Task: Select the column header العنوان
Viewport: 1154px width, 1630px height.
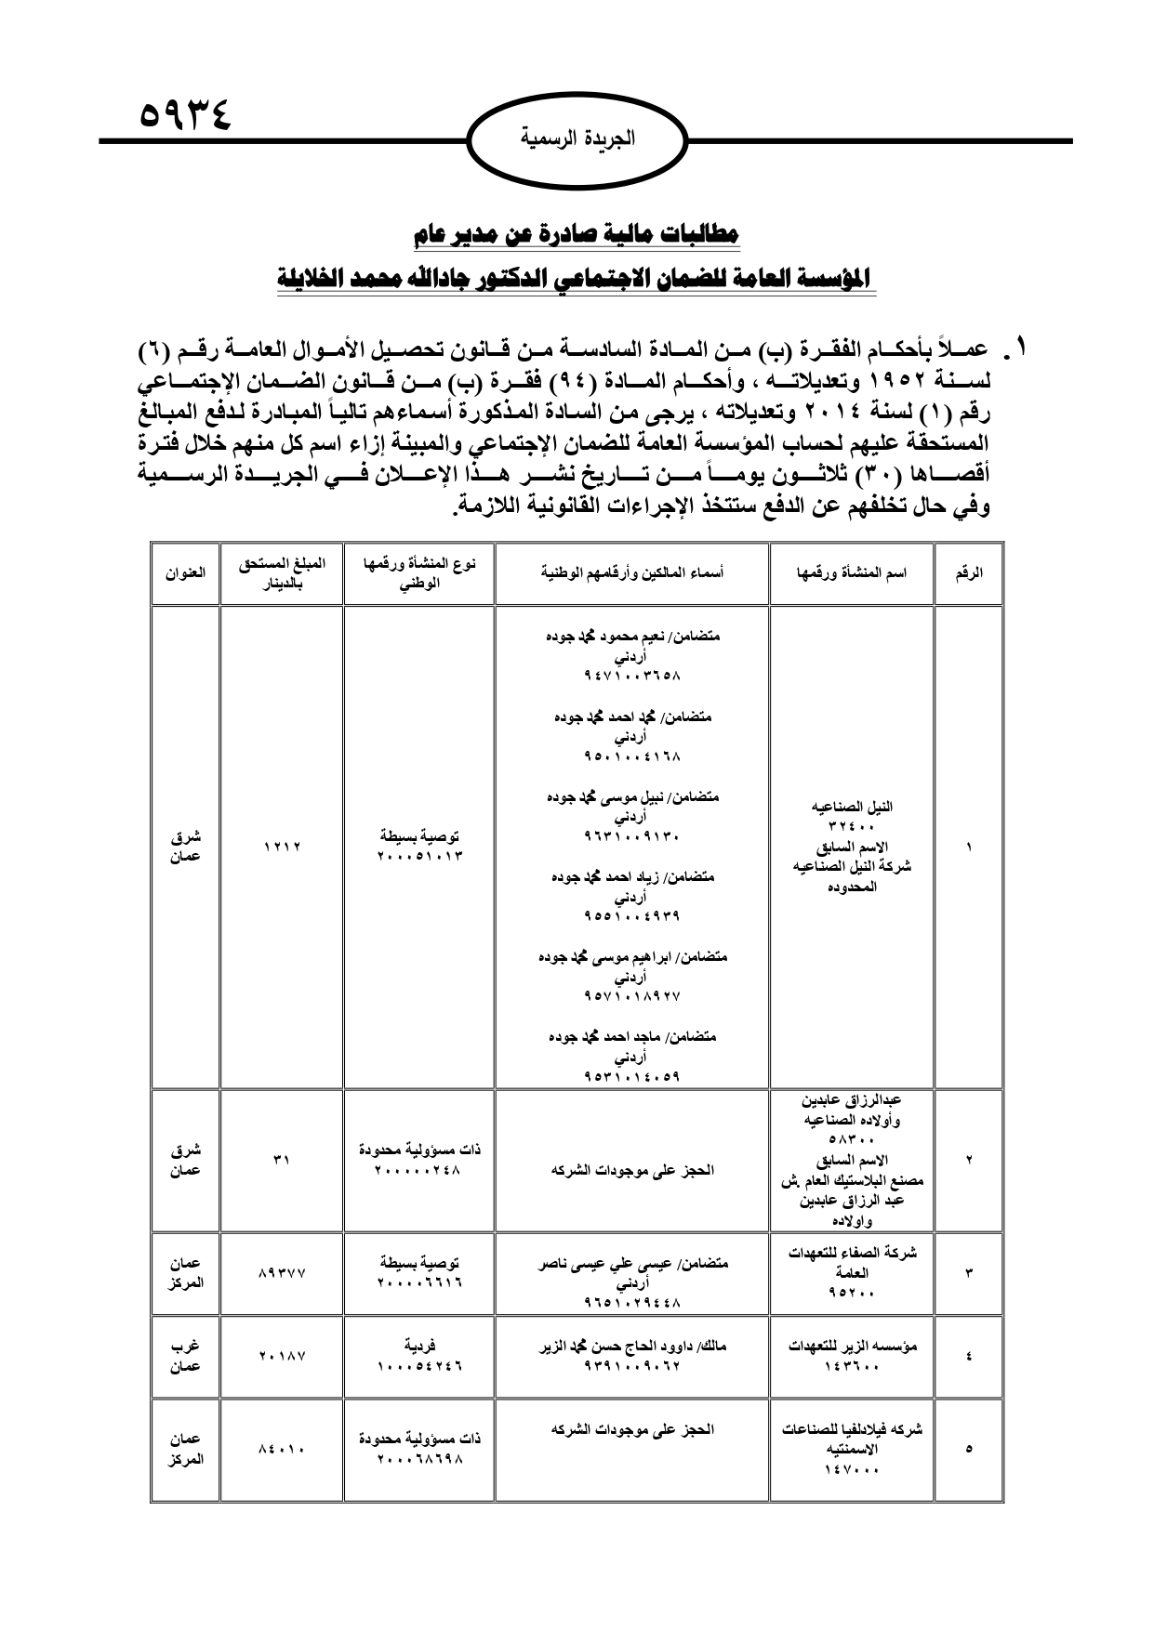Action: pyautogui.click(x=185, y=572)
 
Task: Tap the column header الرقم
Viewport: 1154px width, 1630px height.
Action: pyautogui.click(x=969, y=572)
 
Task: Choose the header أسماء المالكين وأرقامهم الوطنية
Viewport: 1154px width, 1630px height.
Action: pyautogui.click(x=632, y=572)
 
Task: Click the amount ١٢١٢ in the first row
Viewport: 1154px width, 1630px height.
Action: pyautogui.click(x=282, y=847)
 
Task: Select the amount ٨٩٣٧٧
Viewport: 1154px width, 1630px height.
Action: pyautogui.click(x=282, y=1273)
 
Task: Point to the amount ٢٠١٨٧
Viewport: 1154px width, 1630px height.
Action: pyautogui.click(x=282, y=1356)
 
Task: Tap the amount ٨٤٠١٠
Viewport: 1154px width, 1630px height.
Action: pyautogui.click(x=282, y=1448)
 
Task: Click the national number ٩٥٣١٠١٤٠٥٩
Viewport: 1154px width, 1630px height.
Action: pyautogui.click(x=632, y=1077)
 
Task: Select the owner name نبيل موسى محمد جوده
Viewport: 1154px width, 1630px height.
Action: pyautogui.click(x=632, y=796)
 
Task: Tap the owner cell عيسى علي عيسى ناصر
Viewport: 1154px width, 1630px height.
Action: pyautogui.click(x=632, y=1264)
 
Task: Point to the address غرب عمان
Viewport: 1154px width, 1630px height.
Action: pyautogui.click(x=185, y=1356)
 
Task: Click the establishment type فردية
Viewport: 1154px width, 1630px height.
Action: pyautogui.click(x=419, y=1345)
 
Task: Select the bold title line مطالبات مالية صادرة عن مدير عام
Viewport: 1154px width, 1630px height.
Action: pyautogui.click(x=577, y=234)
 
